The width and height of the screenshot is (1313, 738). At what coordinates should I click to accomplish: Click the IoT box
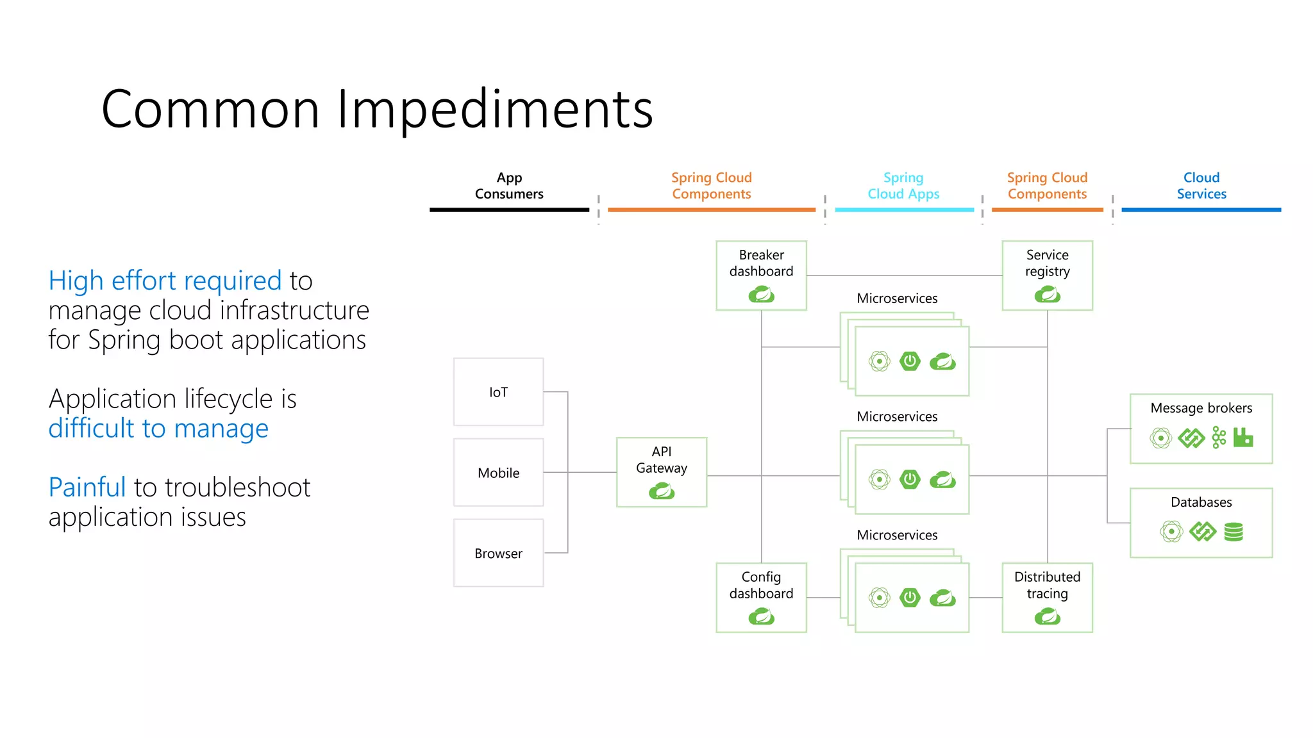point(498,392)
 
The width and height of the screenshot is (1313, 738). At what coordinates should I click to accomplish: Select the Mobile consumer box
point(498,473)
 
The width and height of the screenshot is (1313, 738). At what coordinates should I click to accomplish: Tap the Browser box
point(498,553)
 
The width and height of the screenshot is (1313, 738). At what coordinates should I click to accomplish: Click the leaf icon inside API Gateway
point(662,491)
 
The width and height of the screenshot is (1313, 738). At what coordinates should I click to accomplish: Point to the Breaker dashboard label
point(761,263)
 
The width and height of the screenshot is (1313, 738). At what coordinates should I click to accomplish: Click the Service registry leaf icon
point(1047,295)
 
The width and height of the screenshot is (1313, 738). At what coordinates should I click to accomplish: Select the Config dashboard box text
point(761,585)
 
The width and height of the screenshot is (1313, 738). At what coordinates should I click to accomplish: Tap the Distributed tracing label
point(1047,585)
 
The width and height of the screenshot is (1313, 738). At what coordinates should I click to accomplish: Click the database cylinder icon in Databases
point(1234,532)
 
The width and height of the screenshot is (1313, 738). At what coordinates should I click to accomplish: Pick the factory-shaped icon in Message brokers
point(1242,438)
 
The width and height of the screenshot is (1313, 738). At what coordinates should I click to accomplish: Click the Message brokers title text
point(1201,408)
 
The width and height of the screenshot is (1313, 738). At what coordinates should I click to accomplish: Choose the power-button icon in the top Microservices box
point(910,361)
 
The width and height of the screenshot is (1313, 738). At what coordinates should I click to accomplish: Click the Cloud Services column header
point(1201,186)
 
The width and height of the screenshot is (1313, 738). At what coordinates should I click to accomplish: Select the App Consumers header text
point(509,186)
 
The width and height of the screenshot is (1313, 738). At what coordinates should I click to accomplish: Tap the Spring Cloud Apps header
point(903,186)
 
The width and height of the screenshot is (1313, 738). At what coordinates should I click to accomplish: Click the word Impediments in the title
point(494,109)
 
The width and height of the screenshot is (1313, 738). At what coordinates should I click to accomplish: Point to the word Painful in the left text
point(87,488)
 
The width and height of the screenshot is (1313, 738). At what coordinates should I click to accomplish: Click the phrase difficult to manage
point(158,429)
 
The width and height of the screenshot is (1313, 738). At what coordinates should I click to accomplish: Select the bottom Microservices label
point(897,535)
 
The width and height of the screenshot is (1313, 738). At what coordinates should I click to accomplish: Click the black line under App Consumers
point(509,209)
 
